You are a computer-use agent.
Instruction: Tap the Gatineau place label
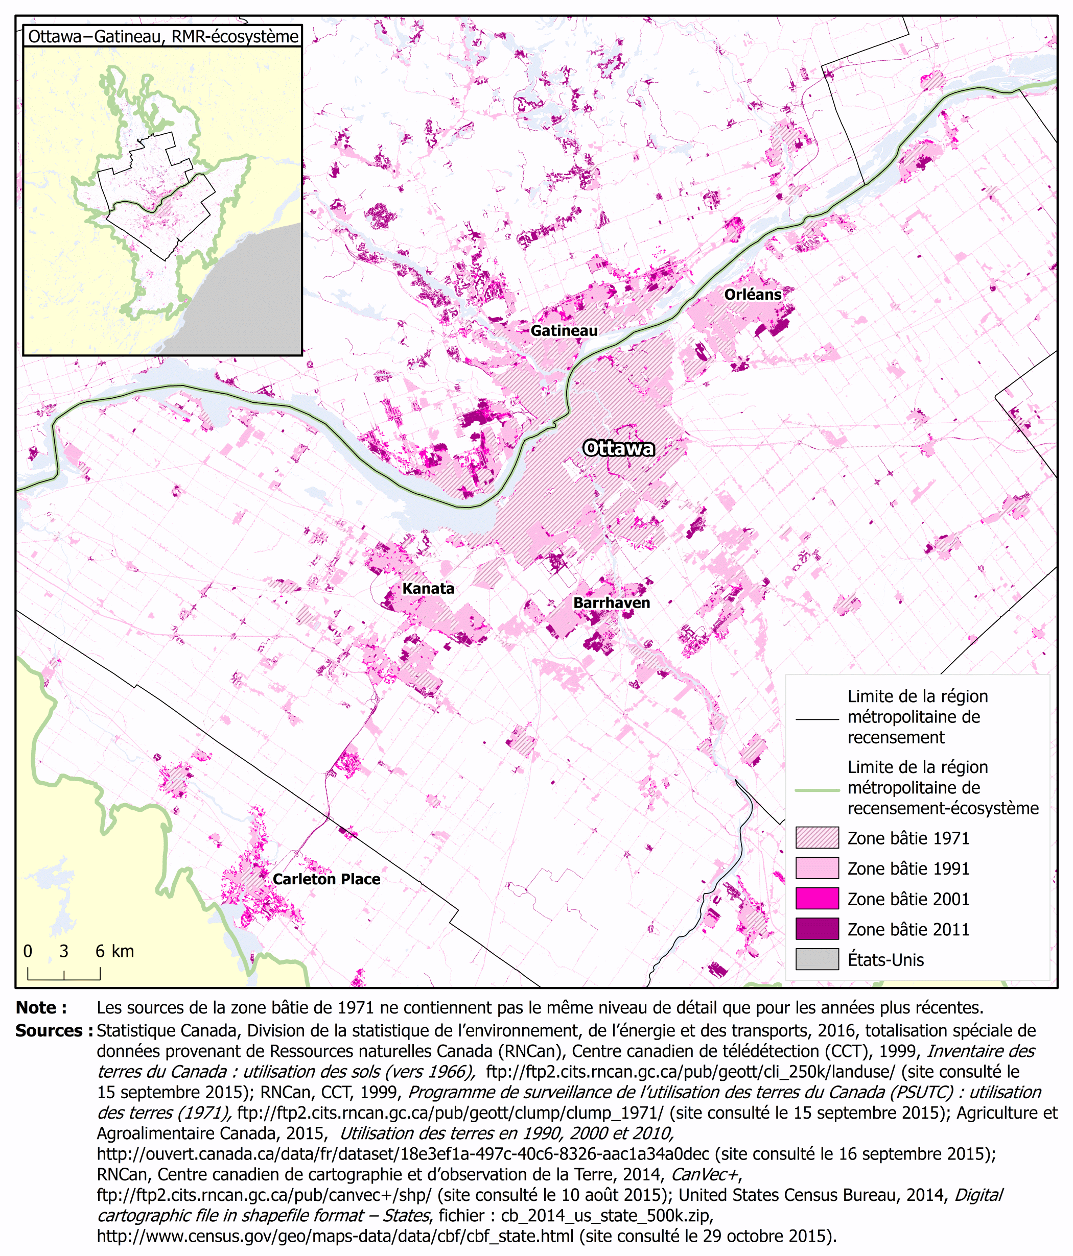[564, 330]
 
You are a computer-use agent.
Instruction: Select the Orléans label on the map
[752, 294]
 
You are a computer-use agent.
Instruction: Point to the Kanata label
[428, 588]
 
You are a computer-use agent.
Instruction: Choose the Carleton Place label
[326, 879]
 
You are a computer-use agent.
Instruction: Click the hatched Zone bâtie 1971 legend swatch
[817, 838]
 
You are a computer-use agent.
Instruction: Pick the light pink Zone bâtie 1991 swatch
[817, 868]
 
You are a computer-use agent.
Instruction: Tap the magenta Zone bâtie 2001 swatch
[817, 899]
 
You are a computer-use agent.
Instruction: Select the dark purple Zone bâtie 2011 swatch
[817, 929]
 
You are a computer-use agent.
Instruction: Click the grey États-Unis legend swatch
[817, 959]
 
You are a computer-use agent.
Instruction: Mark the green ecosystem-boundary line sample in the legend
[817, 790]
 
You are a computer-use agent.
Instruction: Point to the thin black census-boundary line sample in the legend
[817, 719]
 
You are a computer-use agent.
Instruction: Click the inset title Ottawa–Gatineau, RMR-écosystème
[163, 36]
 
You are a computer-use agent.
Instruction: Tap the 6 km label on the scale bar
[114, 951]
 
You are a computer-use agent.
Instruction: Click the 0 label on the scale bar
[28, 951]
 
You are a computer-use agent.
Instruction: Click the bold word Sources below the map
[53, 1030]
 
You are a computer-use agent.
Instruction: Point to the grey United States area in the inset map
[255, 303]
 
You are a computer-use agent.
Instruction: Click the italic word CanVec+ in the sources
[704, 1174]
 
